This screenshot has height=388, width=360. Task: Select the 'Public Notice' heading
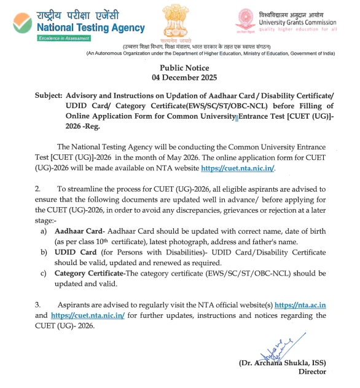click(x=184, y=68)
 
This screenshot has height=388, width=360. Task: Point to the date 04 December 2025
click(x=184, y=77)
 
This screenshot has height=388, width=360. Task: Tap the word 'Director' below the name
click(x=311, y=372)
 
